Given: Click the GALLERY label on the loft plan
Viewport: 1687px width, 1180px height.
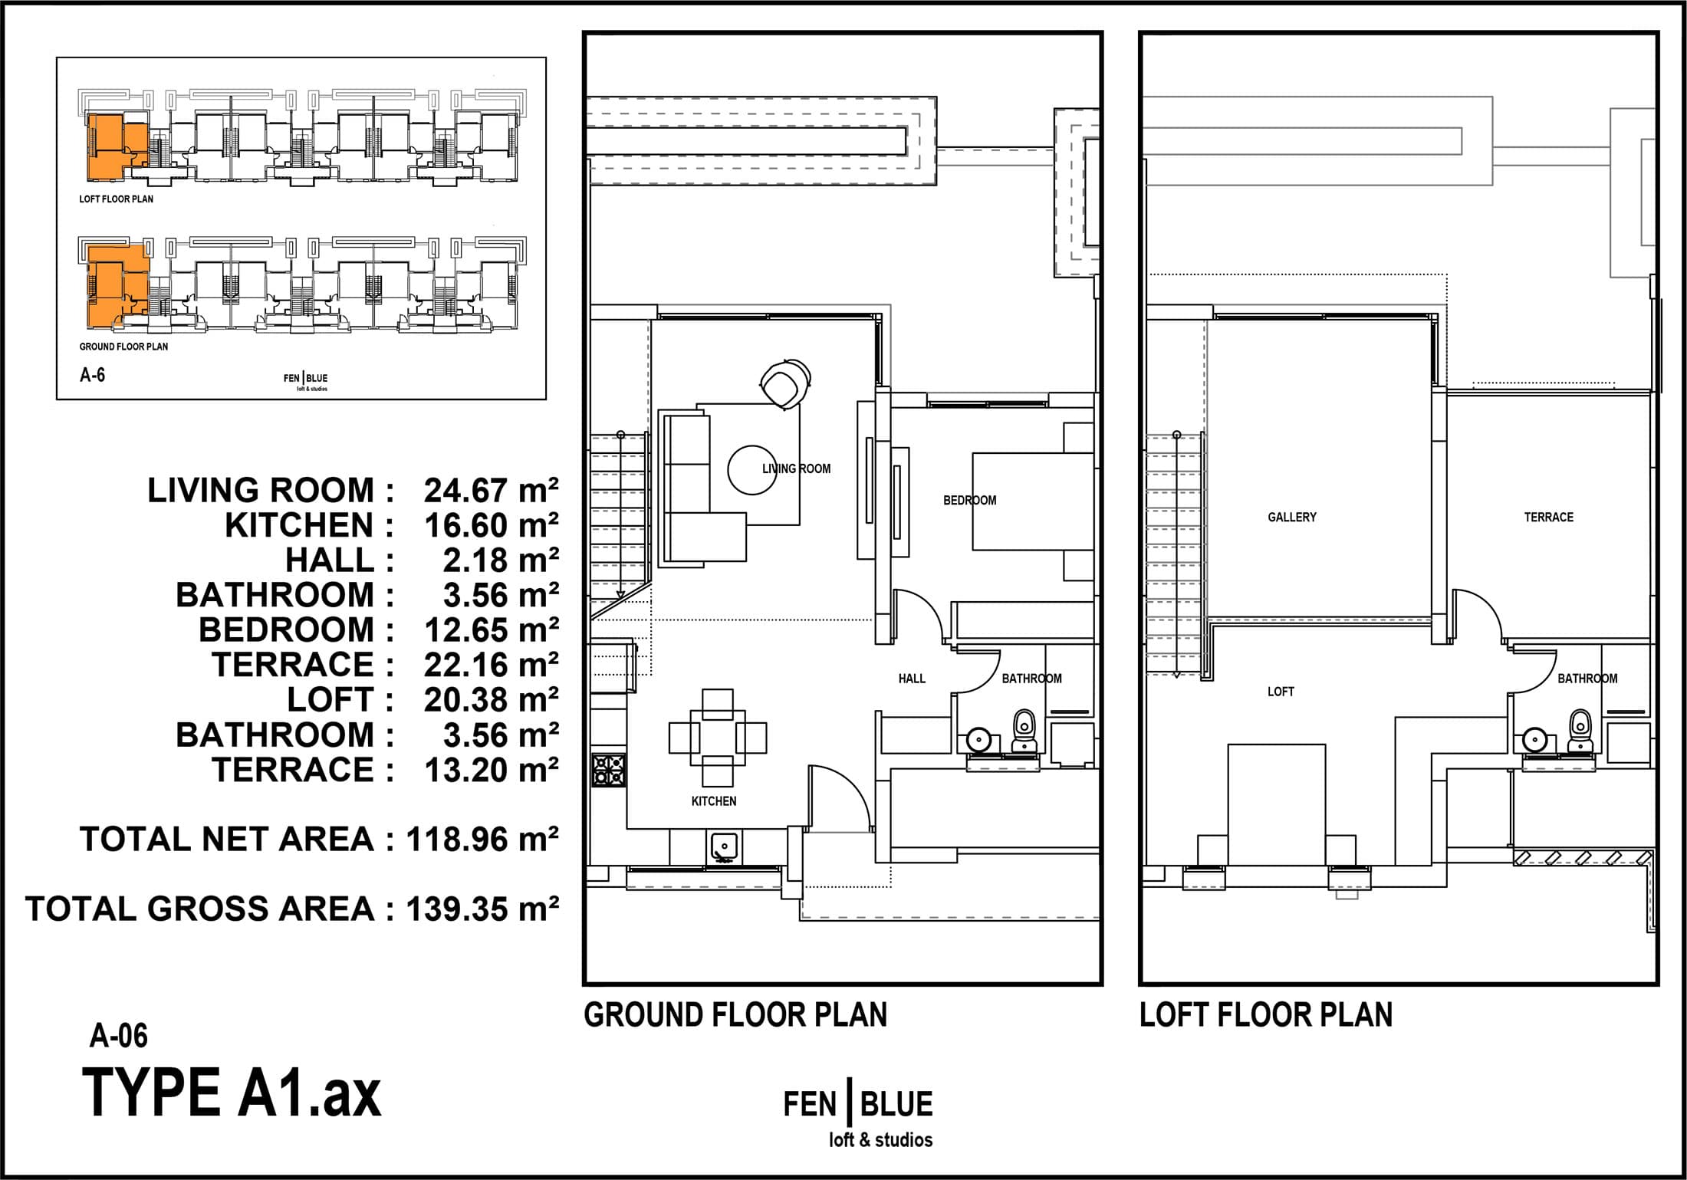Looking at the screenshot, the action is click(x=1292, y=518).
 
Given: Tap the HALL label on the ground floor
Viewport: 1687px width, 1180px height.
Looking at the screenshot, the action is click(x=912, y=679).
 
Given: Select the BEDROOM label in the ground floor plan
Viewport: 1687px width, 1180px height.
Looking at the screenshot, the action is click(x=970, y=501).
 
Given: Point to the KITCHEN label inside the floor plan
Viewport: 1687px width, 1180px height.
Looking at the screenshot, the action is click(x=714, y=801).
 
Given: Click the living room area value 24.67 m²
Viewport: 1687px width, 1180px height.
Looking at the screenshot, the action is click(x=492, y=491).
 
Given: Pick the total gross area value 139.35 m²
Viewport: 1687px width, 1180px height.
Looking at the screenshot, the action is click(x=482, y=909).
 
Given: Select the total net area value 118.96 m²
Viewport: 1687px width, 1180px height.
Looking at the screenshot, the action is click(x=482, y=840).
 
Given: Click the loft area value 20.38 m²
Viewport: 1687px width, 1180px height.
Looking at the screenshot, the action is click(x=492, y=700).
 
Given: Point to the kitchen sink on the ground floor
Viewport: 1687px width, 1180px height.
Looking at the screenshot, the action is click(x=723, y=847).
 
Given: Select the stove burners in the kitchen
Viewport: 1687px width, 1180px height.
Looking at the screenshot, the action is click(x=609, y=770).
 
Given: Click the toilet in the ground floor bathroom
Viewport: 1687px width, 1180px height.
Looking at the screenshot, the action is click(x=1024, y=731).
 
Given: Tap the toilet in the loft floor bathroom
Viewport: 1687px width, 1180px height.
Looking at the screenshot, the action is click(x=1579, y=731).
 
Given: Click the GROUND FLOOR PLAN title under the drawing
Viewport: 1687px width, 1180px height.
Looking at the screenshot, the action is click(x=735, y=1015).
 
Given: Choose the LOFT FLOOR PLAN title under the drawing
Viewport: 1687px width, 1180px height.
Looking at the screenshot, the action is click(x=1266, y=1015).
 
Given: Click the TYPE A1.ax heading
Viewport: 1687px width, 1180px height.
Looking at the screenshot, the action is click(x=232, y=1093).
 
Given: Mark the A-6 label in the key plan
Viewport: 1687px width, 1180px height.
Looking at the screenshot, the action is click(x=92, y=375).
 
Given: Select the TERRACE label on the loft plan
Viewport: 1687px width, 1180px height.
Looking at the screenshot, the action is click(x=1548, y=518).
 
